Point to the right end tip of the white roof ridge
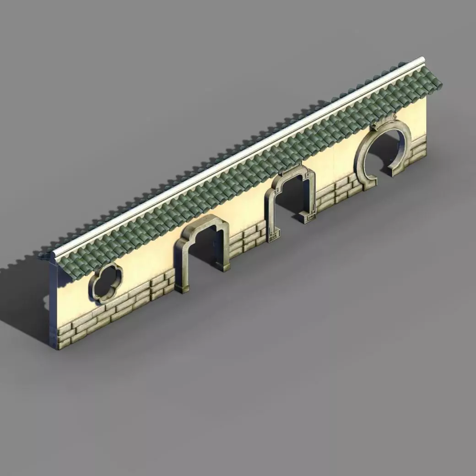point(422,60)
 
